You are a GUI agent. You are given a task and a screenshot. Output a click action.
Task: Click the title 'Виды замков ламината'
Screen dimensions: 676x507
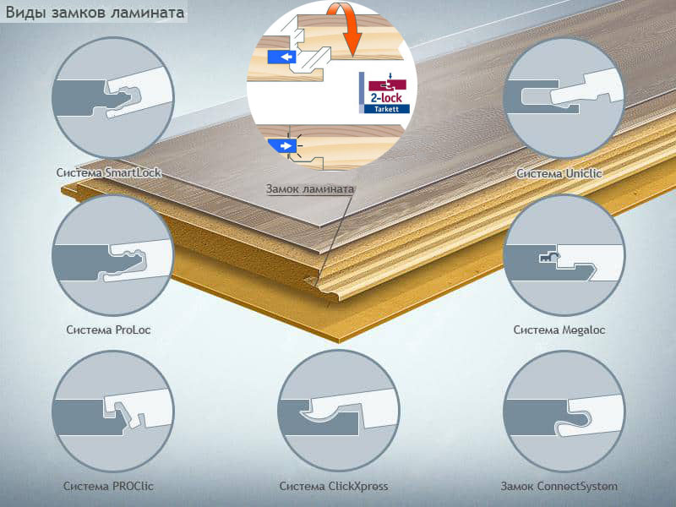click(95, 13)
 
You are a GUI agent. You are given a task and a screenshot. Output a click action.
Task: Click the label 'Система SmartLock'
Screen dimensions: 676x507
click(109, 173)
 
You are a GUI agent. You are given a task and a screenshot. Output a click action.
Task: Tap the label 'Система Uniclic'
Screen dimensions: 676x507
click(559, 174)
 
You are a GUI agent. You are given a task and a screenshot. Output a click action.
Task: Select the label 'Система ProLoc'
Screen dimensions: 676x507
click(108, 330)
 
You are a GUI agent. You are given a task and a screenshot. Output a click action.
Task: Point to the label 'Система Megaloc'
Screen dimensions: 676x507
click(559, 330)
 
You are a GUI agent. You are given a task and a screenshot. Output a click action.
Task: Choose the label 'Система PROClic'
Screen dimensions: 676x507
click(108, 487)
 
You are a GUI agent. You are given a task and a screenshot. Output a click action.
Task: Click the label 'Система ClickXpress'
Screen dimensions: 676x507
click(334, 487)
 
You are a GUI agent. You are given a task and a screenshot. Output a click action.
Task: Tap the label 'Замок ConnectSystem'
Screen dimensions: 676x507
click(559, 487)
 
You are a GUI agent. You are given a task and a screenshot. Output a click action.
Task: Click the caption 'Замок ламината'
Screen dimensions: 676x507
click(310, 188)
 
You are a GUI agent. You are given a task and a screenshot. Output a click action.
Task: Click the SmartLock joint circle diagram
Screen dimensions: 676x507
click(113, 97)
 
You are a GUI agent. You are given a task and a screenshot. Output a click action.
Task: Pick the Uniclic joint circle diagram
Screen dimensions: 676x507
click(564, 97)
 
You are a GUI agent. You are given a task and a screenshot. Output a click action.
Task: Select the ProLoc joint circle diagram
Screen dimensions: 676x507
click(113, 255)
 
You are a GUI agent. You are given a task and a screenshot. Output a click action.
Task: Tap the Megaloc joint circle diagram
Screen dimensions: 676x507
click(564, 255)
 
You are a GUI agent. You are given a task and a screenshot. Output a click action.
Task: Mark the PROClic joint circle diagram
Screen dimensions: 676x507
click(113, 411)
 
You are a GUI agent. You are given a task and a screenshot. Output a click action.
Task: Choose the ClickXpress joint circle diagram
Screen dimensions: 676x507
click(339, 411)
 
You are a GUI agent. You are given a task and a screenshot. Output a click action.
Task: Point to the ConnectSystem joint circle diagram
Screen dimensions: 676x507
click(564, 411)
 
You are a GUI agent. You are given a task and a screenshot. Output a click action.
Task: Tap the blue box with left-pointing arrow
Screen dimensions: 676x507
click(281, 57)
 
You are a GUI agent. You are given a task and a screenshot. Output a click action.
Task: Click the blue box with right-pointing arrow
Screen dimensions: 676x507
click(281, 145)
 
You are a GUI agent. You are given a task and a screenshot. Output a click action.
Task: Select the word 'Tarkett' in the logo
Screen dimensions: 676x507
click(386, 109)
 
